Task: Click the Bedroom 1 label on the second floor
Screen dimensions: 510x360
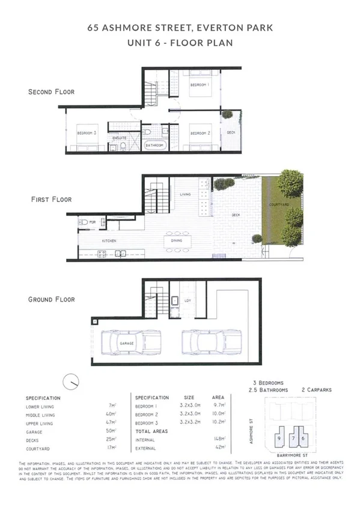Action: point(199,85)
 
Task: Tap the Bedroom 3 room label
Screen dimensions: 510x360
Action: point(87,133)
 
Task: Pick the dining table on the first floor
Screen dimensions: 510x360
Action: point(177,241)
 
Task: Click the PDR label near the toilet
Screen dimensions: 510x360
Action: point(93,223)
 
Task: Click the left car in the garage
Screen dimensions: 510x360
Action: point(127,343)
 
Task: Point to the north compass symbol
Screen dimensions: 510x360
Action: point(72,381)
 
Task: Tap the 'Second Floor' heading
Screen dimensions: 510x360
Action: point(52,92)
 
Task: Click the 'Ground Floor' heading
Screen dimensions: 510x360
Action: point(52,299)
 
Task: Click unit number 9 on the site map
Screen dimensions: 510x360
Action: point(280,438)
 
